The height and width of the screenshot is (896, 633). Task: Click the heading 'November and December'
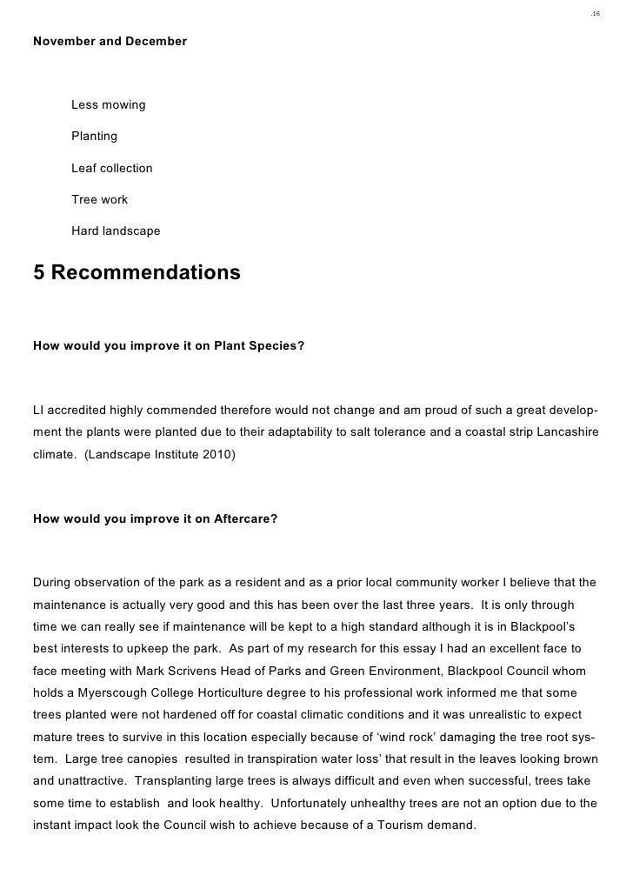(110, 42)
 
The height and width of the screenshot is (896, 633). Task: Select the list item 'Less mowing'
(108, 105)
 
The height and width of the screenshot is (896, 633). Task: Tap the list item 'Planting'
(94, 137)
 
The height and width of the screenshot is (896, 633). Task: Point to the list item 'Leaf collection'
(111, 168)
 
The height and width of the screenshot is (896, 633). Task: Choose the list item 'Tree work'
(99, 200)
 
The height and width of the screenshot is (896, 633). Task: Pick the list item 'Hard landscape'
(116, 231)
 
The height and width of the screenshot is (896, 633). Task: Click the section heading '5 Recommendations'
(137, 273)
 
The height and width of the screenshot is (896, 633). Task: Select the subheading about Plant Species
(169, 345)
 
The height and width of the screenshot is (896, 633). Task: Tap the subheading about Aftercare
(155, 519)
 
